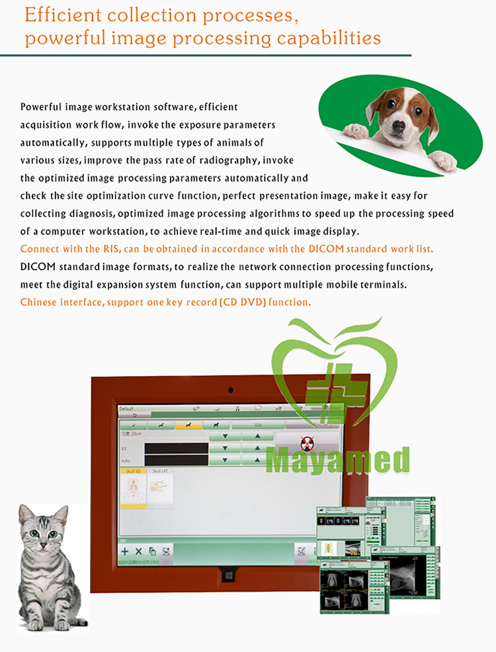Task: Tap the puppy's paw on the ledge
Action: pyautogui.click(x=356, y=130)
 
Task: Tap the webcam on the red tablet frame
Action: pyautogui.click(x=231, y=389)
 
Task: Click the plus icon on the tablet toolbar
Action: pyautogui.click(x=124, y=551)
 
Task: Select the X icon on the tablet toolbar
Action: pyautogui.click(x=138, y=551)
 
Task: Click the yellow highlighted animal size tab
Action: pyautogui.click(x=188, y=425)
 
